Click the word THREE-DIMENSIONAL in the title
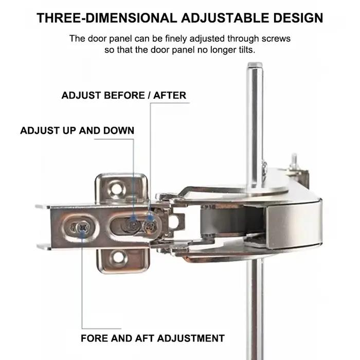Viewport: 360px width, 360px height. tap(107, 18)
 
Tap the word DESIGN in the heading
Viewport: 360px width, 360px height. tap(298, 18)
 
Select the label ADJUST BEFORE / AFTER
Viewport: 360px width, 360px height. tap(124, 95)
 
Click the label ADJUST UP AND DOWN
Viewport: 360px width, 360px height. tap(77, 131)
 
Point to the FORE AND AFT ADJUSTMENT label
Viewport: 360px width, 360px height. tap(153, 338)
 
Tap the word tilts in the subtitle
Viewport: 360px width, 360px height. tap(247, 50)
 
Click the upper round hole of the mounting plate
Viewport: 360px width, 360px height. tap(117, 189)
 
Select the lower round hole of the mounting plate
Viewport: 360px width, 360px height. tap(119, 257)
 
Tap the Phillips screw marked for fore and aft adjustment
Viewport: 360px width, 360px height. tap(83, 228)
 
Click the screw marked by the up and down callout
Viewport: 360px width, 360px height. tap(133, 225)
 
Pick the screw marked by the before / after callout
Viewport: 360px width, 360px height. tap(150, 226)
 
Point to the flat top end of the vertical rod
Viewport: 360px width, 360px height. tap(255, 65)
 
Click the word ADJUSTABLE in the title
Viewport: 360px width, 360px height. tap(225, 18)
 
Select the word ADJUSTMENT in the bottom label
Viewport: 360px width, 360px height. tap(191, 338)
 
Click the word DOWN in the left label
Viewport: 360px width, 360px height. tap(119, 131)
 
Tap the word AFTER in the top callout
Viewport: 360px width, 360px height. tap(170, 95)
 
